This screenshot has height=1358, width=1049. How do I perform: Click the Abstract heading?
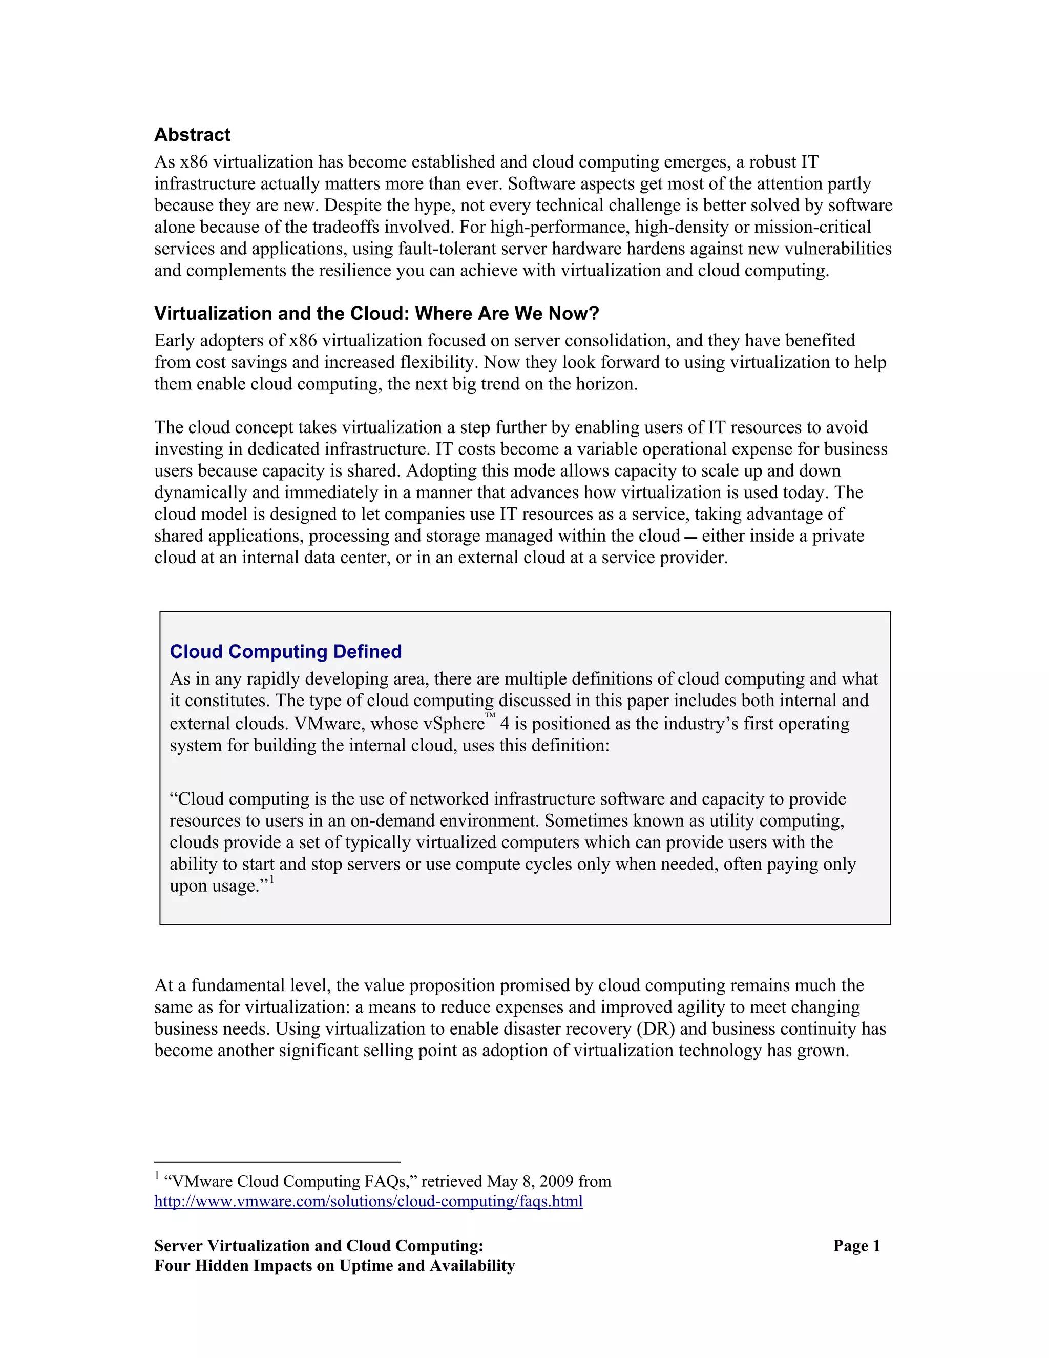click(x=192, y=135)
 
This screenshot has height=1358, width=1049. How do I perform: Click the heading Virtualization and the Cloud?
click(x=376, y=314)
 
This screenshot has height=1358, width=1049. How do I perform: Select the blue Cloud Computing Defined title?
click(x=285, y=652)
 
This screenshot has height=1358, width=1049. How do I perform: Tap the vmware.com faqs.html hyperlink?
click(x=368, y=1201)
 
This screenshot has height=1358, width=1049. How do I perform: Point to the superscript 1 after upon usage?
click(x=271, y=879)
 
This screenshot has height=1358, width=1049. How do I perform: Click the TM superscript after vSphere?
click(x=490, y=716)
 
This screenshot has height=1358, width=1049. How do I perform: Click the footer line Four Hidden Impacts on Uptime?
click(x=334, y=1266)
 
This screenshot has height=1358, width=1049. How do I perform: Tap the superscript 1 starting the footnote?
click(x=157, y=1175)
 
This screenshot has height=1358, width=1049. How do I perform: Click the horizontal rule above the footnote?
click(x=277, y=1162)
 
